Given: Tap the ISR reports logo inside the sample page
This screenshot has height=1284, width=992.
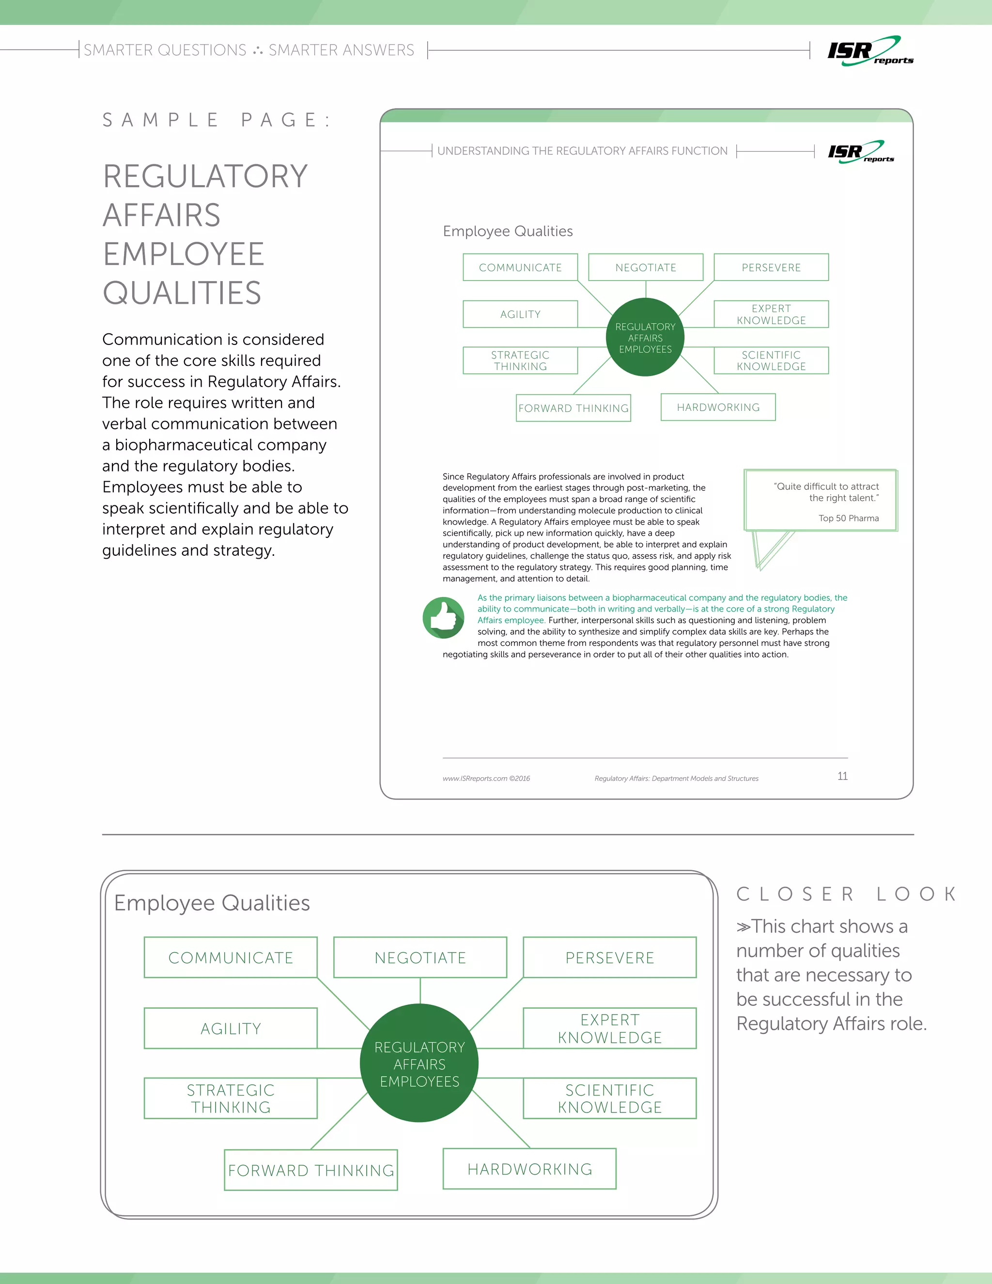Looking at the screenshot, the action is [860, 152].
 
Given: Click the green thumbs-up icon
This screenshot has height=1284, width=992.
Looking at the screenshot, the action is [444, 618].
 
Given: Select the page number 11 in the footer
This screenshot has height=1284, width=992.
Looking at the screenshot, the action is [842, 776].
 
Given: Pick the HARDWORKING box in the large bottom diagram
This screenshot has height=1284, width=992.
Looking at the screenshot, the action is [529, 1169].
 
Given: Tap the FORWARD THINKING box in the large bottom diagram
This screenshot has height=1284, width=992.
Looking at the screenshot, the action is [311, 1170].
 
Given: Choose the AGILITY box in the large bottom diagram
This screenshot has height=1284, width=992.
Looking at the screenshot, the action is [231, 1028].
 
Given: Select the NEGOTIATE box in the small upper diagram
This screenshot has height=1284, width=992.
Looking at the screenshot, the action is [645, 267].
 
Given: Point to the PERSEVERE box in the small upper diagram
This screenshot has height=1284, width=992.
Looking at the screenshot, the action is [771, 267].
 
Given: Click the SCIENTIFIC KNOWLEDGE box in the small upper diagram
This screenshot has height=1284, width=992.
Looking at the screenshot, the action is [771, 360].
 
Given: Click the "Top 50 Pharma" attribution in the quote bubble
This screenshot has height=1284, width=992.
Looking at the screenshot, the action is [848, 518].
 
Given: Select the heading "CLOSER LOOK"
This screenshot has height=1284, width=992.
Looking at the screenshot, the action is [846, 894].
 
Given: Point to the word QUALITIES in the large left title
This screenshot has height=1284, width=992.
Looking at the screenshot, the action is [182, 293].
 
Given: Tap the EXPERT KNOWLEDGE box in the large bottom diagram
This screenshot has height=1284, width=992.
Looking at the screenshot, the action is [609, 1028].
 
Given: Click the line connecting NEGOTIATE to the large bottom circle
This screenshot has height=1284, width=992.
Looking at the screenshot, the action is [420, 991].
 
